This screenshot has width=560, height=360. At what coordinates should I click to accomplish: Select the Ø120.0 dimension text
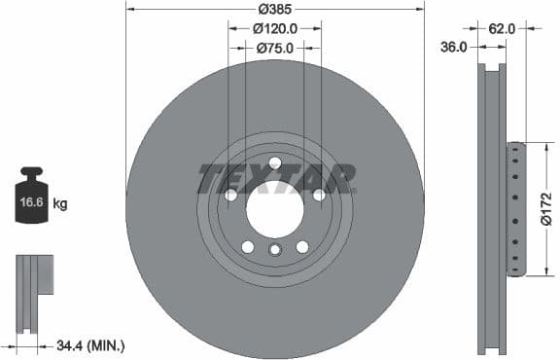pyautogui.click(x=275, y=29)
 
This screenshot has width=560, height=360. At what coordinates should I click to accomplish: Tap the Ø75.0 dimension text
pyautogui.click(x=275, y=47)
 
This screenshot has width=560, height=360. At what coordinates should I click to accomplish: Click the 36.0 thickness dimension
pyautogui.click(x=455, y=46)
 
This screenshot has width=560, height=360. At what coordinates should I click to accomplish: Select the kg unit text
pyautogui.click(x=60, y=204)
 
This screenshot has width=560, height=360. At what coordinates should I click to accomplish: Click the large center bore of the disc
pyautogui.click(x=275, y=207)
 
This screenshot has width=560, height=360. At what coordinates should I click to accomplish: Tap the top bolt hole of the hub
pyautogui.click(x=275, y=162)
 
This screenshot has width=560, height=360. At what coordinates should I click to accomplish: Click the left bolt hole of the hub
pyautogui.click(x=231, y=195)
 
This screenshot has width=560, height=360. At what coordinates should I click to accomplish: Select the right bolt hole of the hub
pyautogui.click(x=318, y=195)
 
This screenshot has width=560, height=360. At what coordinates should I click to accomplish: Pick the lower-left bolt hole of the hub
pyautogui.click(x=248, y=246)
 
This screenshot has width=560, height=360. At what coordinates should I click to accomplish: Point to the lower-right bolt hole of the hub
pyautogui.click(x=301, y=246)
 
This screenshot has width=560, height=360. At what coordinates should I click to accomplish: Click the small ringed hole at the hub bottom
pyautogui.click(x=275, y=251)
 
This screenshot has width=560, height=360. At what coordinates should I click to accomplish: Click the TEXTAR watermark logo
pyautogui.click(x=276, y=179)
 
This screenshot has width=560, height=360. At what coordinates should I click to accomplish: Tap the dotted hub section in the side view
pyautogui.click(x=515, y=209)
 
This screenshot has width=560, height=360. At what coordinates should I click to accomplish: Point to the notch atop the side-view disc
pyautogui.click(x=494, y=68)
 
